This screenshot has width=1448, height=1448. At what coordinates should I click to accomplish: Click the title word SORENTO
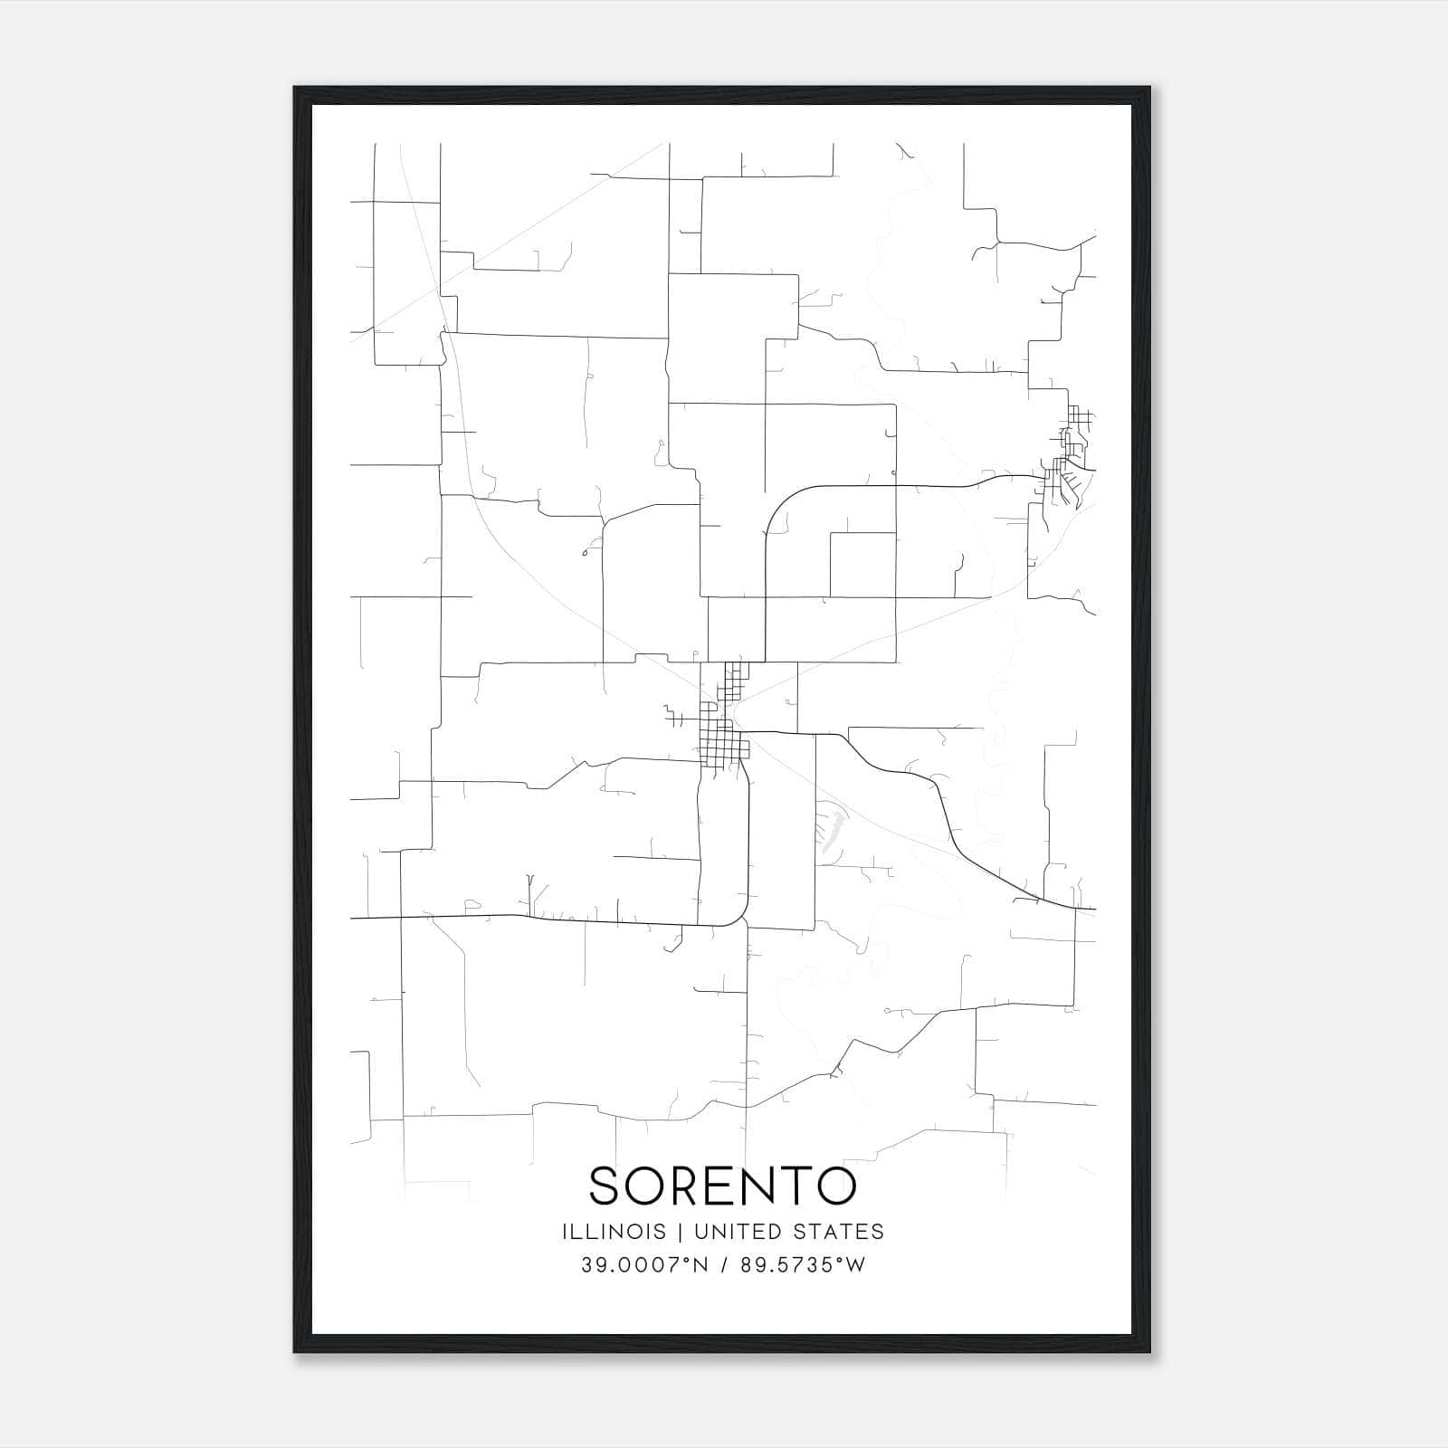(722, 1186)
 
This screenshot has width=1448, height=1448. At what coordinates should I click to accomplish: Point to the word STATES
(841, 1232)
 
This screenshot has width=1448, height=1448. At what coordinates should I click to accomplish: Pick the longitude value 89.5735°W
(803, 1265)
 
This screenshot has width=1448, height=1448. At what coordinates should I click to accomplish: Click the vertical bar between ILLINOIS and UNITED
(681, 1232)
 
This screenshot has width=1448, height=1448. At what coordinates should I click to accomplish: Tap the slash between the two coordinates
(726, 1265)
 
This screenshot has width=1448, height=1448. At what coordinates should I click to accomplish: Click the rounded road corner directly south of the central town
(738, 916)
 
